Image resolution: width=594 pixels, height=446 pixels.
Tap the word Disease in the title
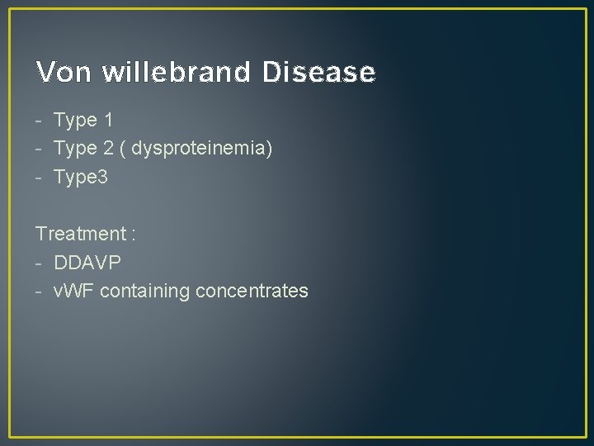[x=318, y=73]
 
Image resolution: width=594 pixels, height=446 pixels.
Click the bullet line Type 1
[x=82, y=121]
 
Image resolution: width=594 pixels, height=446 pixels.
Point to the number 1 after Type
[x=108, y=121]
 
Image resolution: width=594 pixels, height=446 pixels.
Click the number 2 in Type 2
[x=108, y=149]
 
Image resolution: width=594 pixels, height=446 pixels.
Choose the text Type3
[x=81, y=177]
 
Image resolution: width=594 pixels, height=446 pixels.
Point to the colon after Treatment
[x=132, y=235]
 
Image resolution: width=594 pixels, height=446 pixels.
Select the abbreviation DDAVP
[x=87, y=262]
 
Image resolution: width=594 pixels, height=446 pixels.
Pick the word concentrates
[x=252, y=291]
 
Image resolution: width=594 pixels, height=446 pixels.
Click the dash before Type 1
[x=40, y=121]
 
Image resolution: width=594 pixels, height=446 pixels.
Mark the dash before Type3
[x=40, y=178]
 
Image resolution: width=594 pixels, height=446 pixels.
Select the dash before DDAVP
[x=40, y=263]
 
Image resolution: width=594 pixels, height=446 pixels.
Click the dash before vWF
[x=40, y=292]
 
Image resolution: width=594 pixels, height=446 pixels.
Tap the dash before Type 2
[x=40, y=149]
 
